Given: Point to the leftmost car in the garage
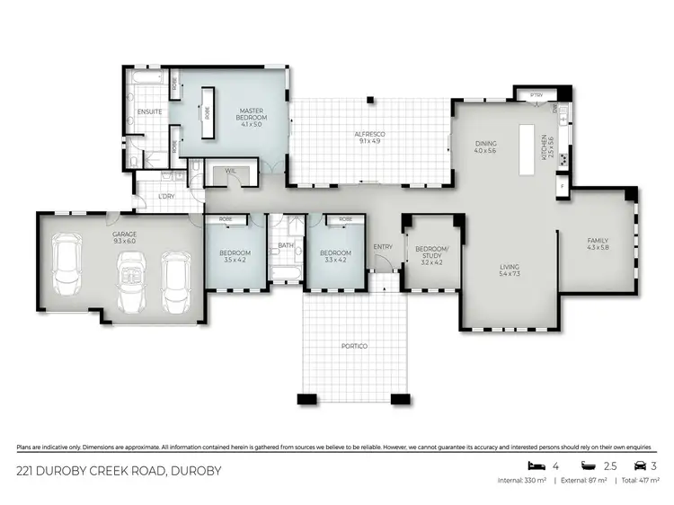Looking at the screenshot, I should (67, 267).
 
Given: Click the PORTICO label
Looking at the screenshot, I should (354, 346).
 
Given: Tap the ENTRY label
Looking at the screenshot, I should (382, 247).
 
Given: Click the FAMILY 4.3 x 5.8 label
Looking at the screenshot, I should (598, 244).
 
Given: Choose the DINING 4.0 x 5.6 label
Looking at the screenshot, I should (486, 146).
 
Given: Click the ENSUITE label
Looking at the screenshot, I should (149, 112).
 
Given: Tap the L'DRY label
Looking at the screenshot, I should (165, 197).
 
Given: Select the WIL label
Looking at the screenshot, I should (230, 171).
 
